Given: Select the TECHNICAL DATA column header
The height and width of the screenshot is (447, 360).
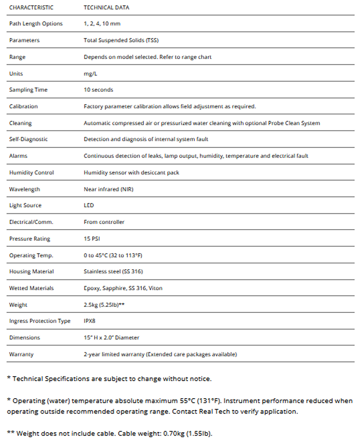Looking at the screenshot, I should click(106, 8).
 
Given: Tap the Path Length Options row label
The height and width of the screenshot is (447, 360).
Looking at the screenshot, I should click(36, 24).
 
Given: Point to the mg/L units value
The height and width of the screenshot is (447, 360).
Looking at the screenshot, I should click(91, 73).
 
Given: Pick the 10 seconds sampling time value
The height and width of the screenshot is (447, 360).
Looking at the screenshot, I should click(98, 90).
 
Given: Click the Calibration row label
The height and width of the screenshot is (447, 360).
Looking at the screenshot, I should click(23, 106).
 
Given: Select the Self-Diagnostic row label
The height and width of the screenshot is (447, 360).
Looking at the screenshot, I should click(28, 139).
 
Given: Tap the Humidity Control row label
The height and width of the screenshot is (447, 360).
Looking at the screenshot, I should click(31, 173).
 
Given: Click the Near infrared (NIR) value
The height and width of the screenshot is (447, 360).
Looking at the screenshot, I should click(108, 189).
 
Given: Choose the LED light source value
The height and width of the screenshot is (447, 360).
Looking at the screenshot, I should click(89, 206).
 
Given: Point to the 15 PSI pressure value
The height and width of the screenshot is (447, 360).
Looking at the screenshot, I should click(93, 239).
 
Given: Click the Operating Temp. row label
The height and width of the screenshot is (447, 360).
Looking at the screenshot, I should click(31, 255).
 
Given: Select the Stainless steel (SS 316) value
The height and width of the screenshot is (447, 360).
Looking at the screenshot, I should click(113, 272).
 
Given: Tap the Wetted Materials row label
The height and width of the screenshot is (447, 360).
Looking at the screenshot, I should click(31, 288).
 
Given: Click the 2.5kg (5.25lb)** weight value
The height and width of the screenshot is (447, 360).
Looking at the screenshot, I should click(105, 305).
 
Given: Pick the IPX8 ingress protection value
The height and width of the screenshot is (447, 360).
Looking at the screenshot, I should click(91, 321).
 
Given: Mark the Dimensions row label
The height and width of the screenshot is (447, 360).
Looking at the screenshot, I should click(24, 338).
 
